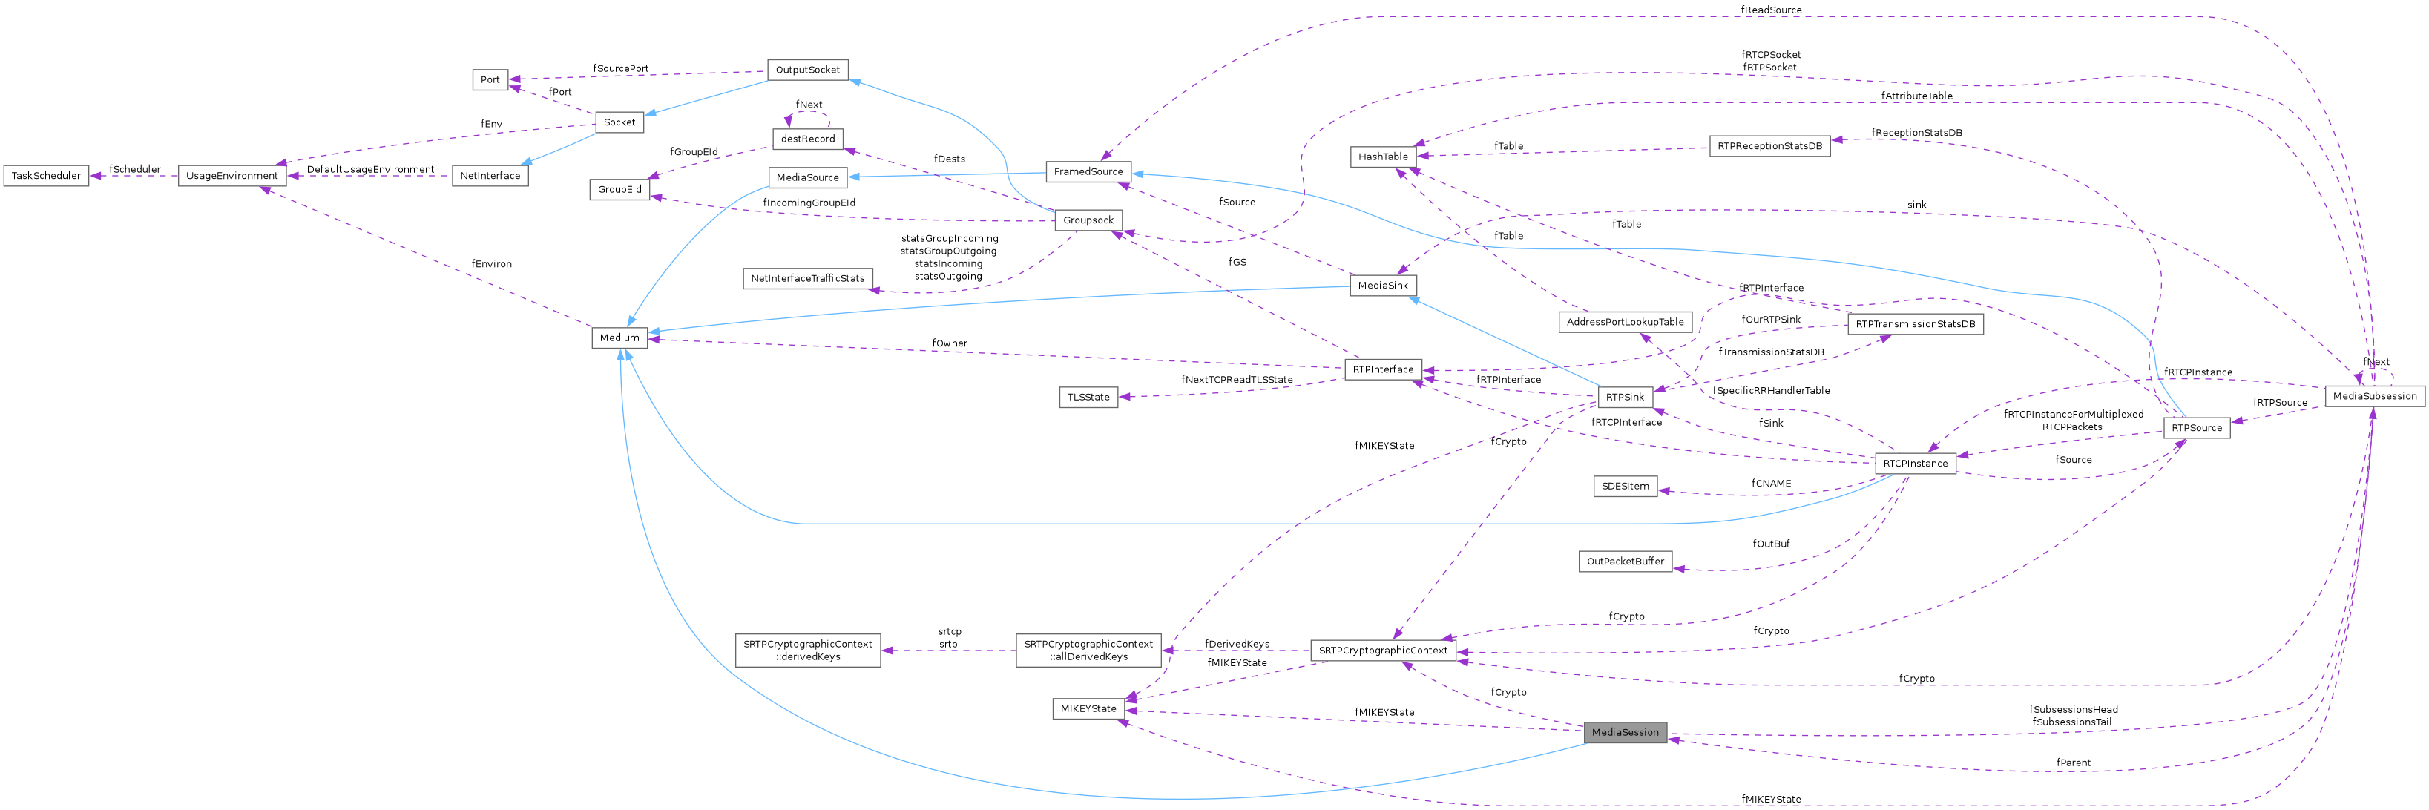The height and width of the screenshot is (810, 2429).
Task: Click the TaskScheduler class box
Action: [46, 175]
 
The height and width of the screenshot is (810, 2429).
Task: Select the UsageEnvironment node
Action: [232, 175]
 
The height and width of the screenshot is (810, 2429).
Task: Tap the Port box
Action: [490, 79]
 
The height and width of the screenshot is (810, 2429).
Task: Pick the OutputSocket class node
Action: [807, 70]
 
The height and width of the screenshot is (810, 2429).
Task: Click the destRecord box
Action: [807, 139]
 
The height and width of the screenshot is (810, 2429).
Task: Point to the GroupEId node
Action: [619, 190]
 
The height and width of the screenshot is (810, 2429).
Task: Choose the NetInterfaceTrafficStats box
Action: [807, 278]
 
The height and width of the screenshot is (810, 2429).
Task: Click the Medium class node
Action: [619, 337]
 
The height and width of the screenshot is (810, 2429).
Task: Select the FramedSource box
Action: [1088, 171]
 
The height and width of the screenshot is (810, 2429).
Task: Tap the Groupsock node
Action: [1088, 220]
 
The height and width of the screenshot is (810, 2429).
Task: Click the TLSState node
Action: [1088, 397]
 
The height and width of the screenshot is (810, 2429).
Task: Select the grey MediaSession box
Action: [1625, 731]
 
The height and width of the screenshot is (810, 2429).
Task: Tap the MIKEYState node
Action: [1088, 708]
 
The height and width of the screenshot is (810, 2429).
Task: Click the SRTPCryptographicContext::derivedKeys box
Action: [807, 651]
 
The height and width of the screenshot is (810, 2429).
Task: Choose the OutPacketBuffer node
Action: [1625, 561]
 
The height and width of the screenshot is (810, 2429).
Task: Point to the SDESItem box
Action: [1625, 487]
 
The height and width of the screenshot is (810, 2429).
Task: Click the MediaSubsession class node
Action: [2374, 396]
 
